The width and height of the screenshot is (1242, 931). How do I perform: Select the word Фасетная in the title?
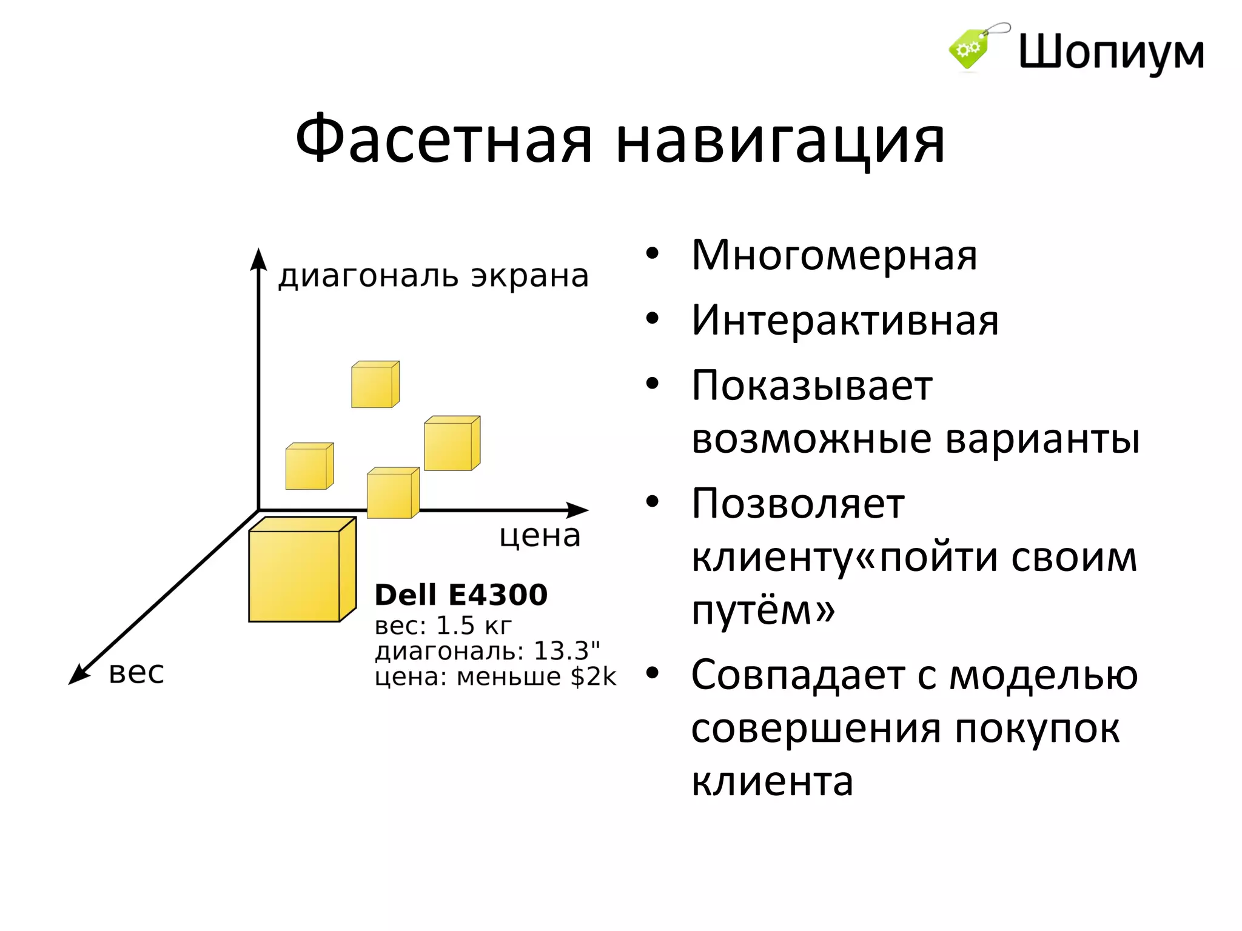(x=443, y=140)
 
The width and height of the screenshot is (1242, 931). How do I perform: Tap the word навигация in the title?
(x=780, y=141)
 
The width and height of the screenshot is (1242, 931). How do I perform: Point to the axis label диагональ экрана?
(x=434, y=276)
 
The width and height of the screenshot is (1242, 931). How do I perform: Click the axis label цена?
(x=540, y=536)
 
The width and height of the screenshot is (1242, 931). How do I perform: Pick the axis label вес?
(x=136, y=673)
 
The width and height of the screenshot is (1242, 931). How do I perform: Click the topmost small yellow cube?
(x=374, y=385)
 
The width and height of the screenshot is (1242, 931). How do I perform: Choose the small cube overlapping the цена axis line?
(x=392, y=494)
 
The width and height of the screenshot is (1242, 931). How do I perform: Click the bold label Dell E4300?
(x=461, y=595)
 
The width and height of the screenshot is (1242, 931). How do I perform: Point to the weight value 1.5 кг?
(x=474, y=626)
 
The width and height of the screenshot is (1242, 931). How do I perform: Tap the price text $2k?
(x=593, y=677)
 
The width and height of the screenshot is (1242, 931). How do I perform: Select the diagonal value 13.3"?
(x=566, y=651)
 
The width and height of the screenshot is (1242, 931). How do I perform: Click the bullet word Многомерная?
(x=834, y=256)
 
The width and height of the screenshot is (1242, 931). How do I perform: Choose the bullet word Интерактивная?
(x=845, y=321)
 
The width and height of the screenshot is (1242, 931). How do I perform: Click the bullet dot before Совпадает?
(x=652, y=672)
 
